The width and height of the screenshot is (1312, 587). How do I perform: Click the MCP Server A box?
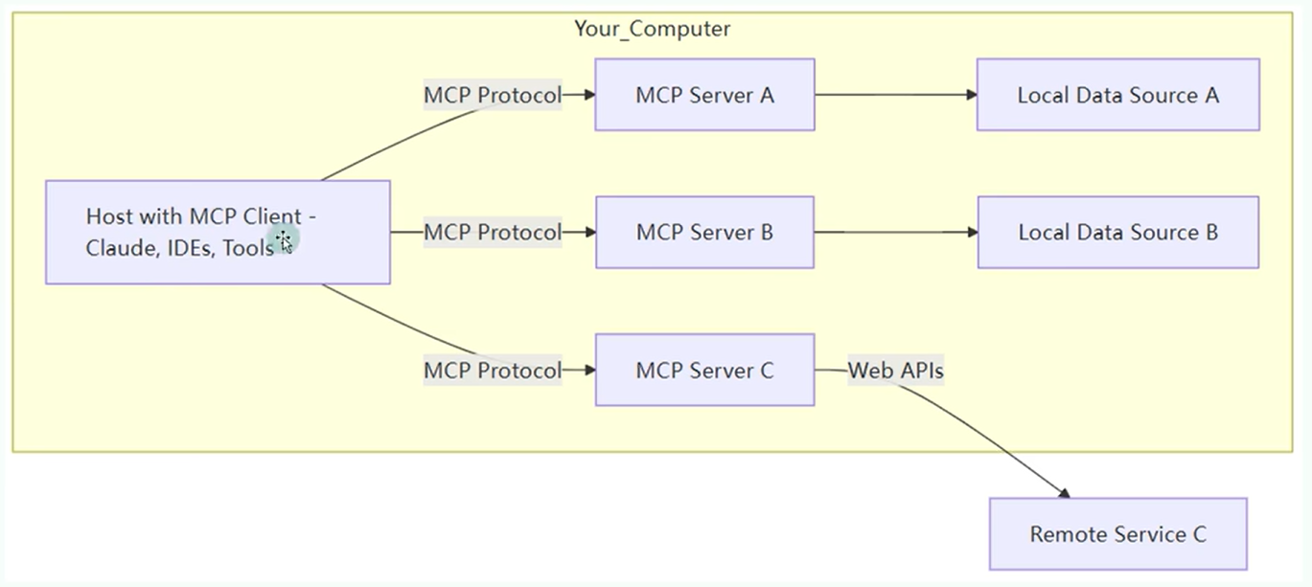[x=704, y=94]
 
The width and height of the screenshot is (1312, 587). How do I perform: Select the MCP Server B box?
[x=704, y=233]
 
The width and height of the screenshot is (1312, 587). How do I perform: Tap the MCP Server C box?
[x=704, y=370]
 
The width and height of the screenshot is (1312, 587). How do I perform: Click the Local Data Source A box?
[x=1118, y=94]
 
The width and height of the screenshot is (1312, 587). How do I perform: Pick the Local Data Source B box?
[x=1118, y=233]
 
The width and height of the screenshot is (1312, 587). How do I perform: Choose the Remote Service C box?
[x=1118, y=533]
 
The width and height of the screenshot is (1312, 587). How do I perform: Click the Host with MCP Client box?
[x=218, y=233]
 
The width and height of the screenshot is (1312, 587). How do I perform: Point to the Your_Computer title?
[x=652, y=29]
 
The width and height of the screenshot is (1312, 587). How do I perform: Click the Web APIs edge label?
[x=895, y=371]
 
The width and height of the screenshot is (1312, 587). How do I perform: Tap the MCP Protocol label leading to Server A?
[x=493, y=95]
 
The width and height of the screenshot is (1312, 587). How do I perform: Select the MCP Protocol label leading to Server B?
[x=493, y=233]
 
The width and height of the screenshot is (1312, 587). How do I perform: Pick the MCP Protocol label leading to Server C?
[x=493, y=371]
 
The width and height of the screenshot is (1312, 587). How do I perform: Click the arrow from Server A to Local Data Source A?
[x=896, y=94]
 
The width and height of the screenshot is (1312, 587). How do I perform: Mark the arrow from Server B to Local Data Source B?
[x=896, y=233]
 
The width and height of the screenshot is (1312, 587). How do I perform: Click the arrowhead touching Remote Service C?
[x=1064, y=493]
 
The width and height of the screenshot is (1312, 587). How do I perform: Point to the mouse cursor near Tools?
[x=285, y=240]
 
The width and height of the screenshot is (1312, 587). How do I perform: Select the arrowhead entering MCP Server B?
[x=589, y=233]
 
